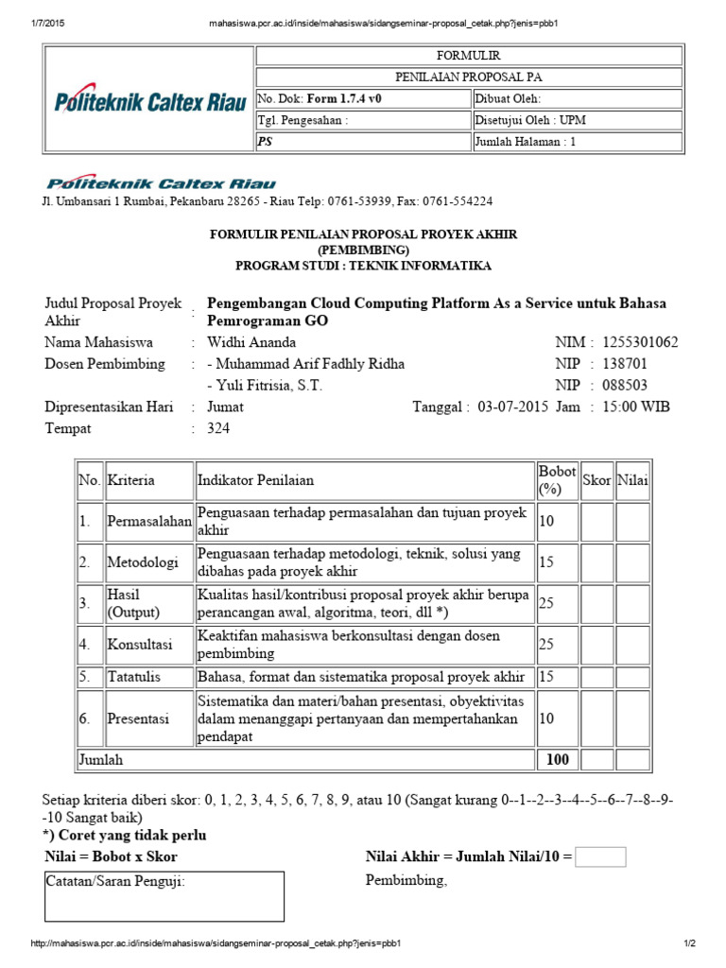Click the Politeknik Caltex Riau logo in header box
148,100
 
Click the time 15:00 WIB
645,407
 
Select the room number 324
217,429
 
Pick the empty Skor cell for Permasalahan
596,521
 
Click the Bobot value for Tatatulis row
546,678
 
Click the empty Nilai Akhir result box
600,857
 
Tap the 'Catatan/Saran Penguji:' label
116,882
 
